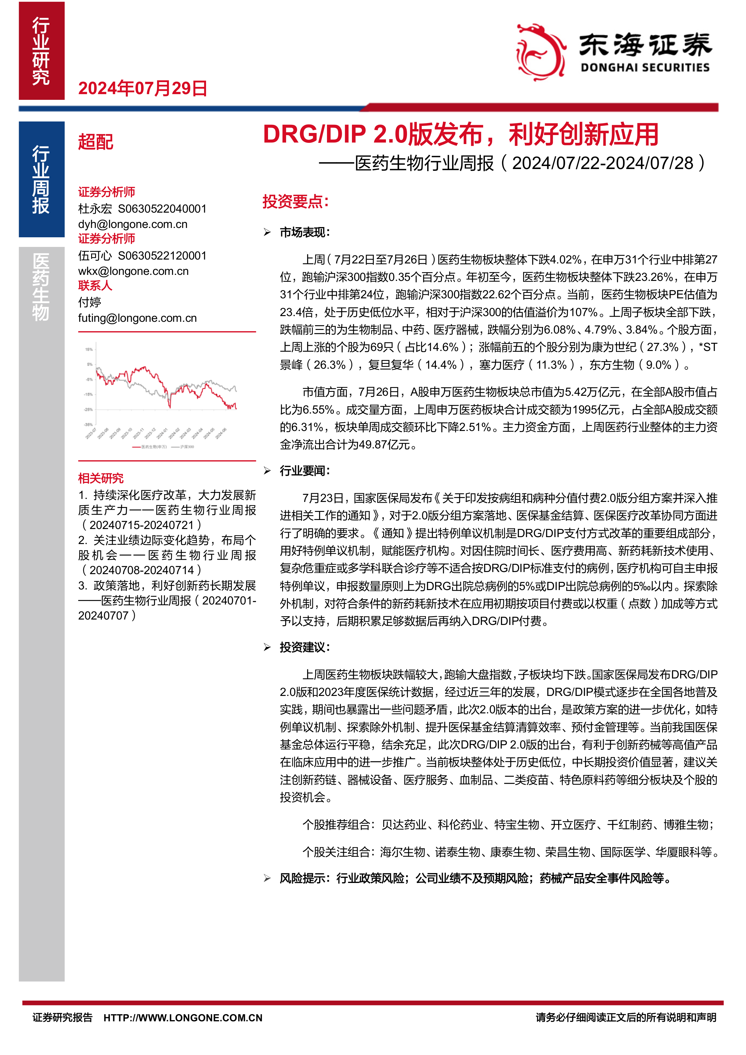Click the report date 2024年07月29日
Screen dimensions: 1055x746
point(143,88)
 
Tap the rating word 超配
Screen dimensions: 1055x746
point(96,142)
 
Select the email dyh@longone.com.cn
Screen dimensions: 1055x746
point(133,224)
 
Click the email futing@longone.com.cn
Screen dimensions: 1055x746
point(137,318)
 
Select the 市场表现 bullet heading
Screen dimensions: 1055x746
point(305,232)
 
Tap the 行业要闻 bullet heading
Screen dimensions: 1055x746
point(305,471)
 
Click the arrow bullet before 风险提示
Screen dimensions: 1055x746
point(267,878)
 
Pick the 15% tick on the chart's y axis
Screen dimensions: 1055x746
point(89,349)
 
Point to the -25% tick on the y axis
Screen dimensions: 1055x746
point(88,409)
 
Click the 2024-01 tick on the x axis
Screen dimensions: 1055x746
point(162,433)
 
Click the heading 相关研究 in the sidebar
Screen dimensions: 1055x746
point(101,478)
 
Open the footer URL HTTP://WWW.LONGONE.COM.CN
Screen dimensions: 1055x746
point(183,1018)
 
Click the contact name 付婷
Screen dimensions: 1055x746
point(90,302)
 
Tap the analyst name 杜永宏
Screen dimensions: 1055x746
point(95,209)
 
